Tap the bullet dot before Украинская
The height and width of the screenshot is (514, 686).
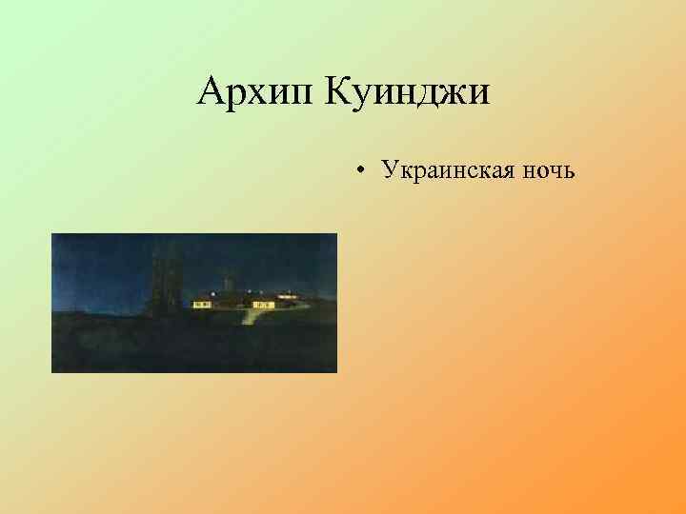point(362,172)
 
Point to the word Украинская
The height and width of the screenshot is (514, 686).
point(449,171)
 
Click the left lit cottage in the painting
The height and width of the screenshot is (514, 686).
point(203,304)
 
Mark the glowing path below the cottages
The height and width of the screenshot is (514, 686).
point(250,315)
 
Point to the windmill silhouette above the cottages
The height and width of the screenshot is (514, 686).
point(227,284)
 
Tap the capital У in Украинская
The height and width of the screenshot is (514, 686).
point(389,171)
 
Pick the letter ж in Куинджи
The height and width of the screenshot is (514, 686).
point(453,94)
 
